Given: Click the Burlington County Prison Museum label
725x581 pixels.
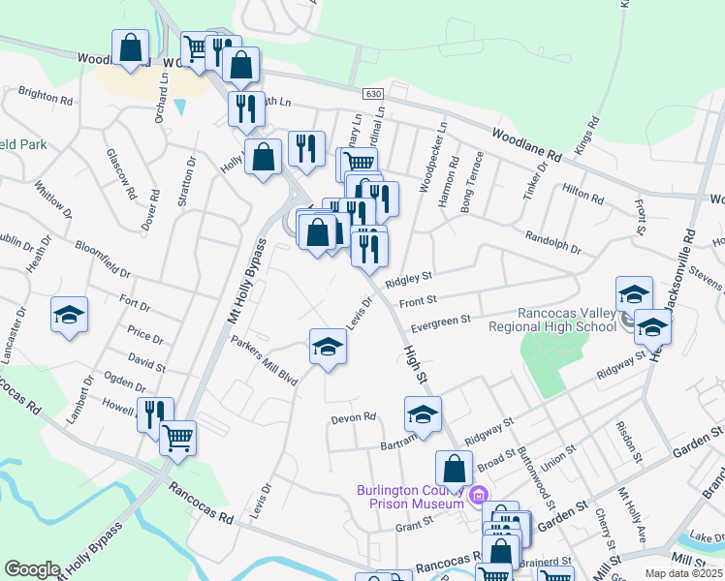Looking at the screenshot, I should [411, 496].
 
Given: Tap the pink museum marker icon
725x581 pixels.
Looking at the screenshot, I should [477, 498].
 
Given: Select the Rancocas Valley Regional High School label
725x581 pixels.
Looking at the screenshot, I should [567, 320].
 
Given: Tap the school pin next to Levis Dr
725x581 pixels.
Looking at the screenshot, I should [329, 348].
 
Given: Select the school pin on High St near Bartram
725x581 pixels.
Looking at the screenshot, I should [423, 414].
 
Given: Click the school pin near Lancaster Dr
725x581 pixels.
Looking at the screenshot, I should [70, 316].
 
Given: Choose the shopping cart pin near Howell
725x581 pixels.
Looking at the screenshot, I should [177, 438].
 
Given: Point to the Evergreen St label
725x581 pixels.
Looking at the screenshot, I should [440, 320].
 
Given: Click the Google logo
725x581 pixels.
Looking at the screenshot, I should [33, 569].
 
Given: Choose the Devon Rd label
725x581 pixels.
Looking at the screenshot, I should [353, 417].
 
